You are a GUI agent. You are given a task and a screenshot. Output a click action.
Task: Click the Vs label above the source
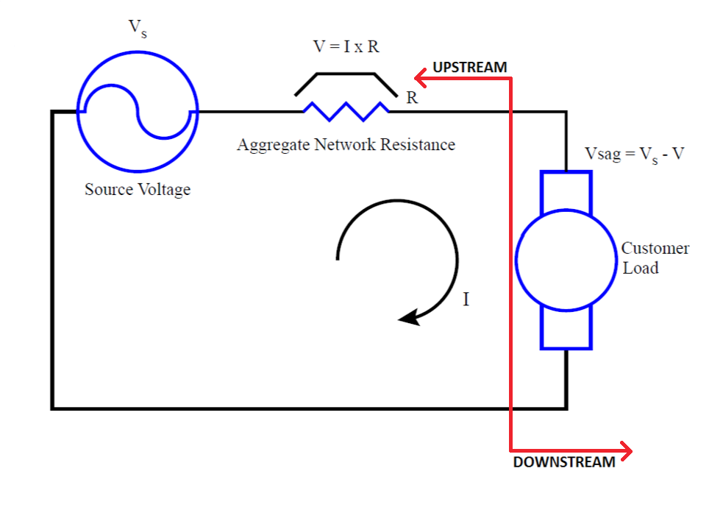pyautogui.click(x=137, y=28)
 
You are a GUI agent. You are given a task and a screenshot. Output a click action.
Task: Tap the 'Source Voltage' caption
pyautogui.click(x=138, y=189)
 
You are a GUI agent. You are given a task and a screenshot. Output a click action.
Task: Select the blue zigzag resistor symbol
pyautogui.click(x=346, y=111)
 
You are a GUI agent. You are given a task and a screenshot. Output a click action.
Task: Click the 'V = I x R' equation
pyautogui.click(x=346, y=46)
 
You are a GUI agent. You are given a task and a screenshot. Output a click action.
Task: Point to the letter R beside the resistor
pyautogui.click(x=412, y=98)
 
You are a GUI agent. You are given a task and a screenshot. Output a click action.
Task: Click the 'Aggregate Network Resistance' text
pyautogui.click(x=346, y=144)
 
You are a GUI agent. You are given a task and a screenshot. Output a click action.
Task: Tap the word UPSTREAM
pyautogui.click(x=470, y=67)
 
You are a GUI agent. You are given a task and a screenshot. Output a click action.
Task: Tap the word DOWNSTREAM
pyautogui.click(x=563, y=462)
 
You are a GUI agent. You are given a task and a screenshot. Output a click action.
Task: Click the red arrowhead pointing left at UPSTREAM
pyautogui.click(x=420, y=76)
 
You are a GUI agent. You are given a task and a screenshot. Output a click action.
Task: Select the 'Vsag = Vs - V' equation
pyautogui.click(x=634, y=155)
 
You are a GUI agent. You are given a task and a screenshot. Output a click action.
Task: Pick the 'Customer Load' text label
pyautogui.click(x=655, y=258)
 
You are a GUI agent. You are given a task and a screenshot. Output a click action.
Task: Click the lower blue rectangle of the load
pyautogui.click(x=566, y=327)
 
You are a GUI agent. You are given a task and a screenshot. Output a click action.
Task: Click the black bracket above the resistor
pyautogui.click(x=346, y=75)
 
